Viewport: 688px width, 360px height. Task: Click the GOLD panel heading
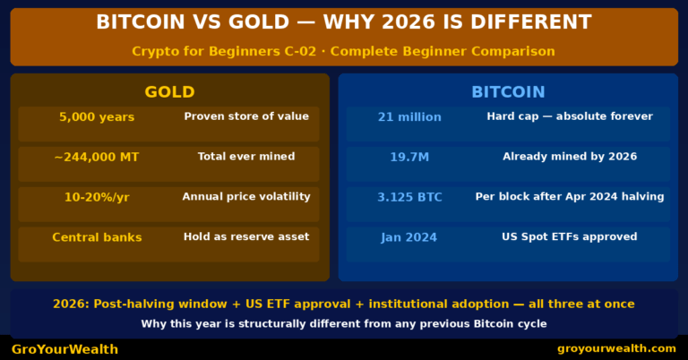[x=169, y=92]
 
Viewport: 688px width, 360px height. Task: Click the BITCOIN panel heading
[x=508, y=92]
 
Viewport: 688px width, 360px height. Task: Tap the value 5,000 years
[x=97, y=117]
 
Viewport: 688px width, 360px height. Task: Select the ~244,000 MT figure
[x=97, y=158]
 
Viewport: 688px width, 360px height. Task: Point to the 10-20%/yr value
[x=97, y=197]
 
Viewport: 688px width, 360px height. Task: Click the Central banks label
[x=97, y=237]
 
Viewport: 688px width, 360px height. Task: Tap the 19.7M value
[x=409, y=158]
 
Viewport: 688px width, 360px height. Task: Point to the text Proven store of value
[x=246, y=116]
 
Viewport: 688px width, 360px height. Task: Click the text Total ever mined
[x=246, y=157]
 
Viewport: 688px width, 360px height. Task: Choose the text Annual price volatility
[x=246, y=197]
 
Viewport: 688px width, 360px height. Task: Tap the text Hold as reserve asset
[x=246, y=237]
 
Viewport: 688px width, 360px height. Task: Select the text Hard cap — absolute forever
[x=570, y=116]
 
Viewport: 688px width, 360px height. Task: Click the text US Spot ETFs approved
[x=570, y=237]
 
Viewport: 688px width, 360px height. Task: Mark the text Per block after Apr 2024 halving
[x=570, y=197]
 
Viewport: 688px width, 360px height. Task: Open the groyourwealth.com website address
[x=616, y=348]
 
